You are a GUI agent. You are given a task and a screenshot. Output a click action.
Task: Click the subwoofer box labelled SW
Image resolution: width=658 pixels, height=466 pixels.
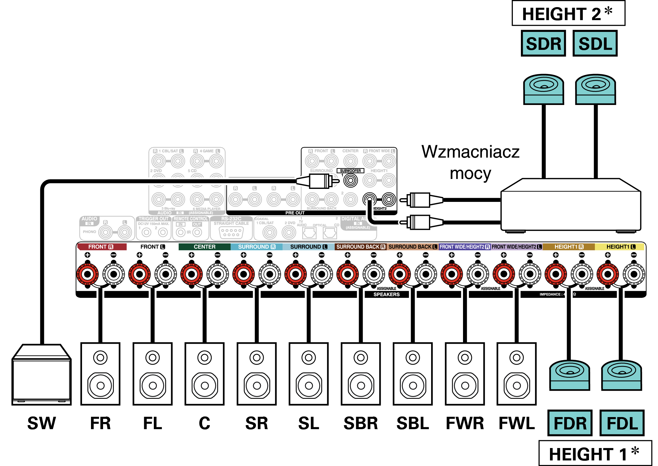pos(41,376)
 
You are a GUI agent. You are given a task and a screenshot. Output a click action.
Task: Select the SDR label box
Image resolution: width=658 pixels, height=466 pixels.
pos(543,43)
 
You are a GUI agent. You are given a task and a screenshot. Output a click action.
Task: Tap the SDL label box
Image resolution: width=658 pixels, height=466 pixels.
pos(595,43)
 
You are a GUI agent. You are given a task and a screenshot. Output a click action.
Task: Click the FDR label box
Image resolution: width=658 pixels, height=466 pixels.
pos(570,423)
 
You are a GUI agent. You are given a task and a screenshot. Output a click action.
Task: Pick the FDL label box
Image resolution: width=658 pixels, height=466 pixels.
pos(622,423)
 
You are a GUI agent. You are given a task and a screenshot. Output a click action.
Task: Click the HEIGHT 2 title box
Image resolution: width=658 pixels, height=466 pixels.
pos(568,14)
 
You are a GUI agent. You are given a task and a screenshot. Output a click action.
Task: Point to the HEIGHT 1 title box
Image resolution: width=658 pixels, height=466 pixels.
pos(595,453)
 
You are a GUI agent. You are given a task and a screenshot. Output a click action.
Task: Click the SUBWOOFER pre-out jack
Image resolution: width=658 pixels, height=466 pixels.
pos(351,181)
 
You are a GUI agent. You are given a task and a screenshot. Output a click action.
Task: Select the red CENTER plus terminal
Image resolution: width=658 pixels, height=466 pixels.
pos(192,274)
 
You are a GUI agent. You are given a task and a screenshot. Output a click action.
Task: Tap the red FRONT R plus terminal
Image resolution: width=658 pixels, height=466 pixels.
pos(88,274)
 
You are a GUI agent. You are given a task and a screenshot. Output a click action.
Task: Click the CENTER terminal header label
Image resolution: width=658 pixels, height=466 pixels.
pos(204,247)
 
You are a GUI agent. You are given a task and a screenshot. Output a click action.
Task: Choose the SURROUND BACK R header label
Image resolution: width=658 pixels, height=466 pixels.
pos(361,247)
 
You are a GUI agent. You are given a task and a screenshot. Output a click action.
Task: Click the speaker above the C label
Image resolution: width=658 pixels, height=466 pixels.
pos(204,374)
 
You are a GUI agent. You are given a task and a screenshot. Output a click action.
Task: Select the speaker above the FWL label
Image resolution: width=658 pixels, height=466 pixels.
pos(517,374)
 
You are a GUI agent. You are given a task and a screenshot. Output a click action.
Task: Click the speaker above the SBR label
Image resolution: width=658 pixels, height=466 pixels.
pos(361,374)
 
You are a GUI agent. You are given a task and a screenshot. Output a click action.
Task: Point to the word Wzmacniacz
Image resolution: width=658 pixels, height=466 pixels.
pos(470,152)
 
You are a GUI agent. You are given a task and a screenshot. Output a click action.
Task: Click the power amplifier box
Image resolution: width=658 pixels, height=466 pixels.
pos(571,207)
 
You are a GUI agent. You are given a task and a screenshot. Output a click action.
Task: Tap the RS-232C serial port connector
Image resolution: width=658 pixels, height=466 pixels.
pos(231,232)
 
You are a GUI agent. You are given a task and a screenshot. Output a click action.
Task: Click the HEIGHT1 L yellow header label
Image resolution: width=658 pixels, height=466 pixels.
pos(620,247)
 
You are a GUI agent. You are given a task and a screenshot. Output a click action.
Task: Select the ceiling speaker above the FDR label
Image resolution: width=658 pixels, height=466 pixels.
pos(569,375)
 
